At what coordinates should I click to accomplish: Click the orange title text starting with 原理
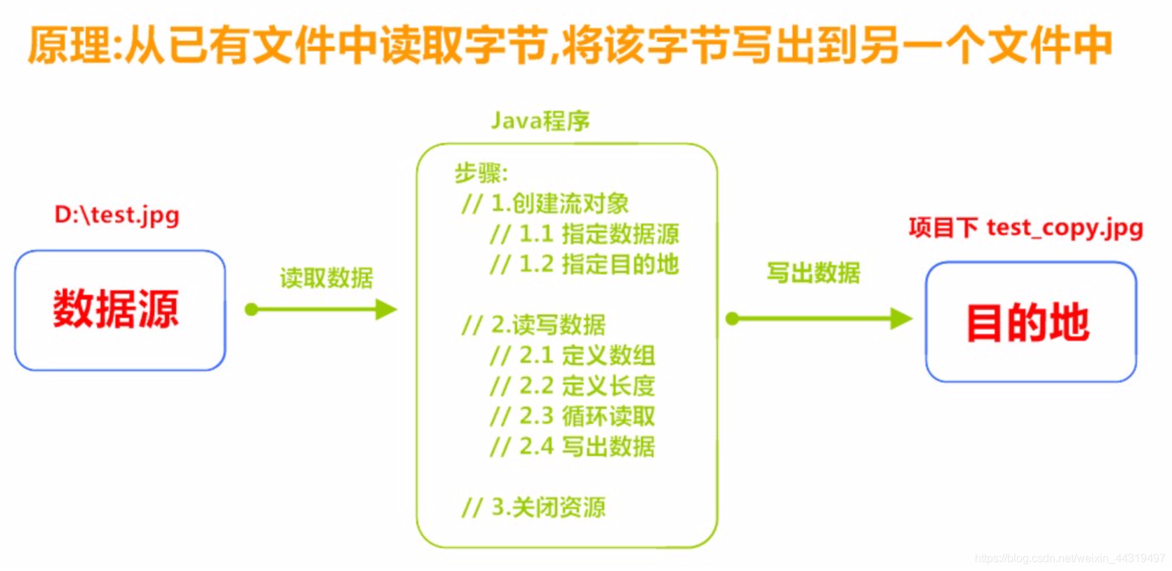(x=570, y=46)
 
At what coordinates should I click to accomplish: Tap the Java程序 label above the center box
(x=540, y=121)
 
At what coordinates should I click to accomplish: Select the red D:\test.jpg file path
(x=117, y=215)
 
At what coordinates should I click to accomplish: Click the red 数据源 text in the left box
(x=116, y=309)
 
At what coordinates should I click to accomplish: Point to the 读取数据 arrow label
(x=326, y=278)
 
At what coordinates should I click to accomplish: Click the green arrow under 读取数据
(x=321, y=309)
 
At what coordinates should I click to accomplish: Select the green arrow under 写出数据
(x=819, y=319)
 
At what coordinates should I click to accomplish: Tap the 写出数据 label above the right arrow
(x=813, y=272)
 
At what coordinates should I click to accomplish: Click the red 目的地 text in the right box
(x=1028, y=323)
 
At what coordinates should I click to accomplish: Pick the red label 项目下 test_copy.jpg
(x=1026, y=228)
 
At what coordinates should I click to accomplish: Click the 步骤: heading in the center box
(x=481, y=173)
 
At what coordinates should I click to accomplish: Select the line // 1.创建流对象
(x=545, y=203)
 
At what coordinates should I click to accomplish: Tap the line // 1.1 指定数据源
(x=584, y=234)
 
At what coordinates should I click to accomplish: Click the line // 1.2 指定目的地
(x=584, y=264)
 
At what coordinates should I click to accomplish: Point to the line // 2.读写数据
(x=533, y=325)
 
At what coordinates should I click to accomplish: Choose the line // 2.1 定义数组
(x=573, y=356)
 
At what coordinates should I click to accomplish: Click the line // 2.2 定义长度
(x=573, y=386)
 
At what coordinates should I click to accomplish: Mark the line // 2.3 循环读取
(x=573, y=416)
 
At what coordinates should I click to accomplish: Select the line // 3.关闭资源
(x=533, y=507)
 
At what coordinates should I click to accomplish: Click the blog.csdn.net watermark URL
(x=1070, y=558)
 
